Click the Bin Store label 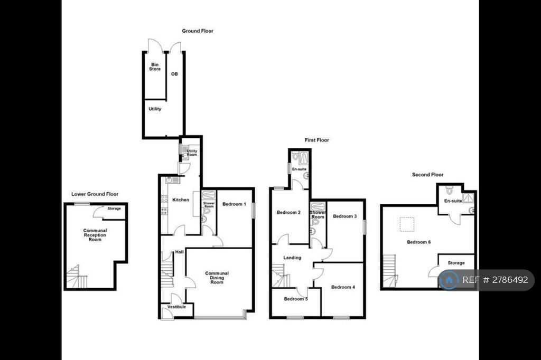pyautogui.click(x=155, y=67)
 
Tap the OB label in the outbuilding pyautogui.click(x=174, y=74)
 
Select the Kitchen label pyautogui.click(x=181, y=200)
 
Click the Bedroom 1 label pyautogui.click(x=234, y=204)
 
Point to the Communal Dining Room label pyautogui.click(x=217, y=278)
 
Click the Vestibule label pyautogui.click(x=176, y=307)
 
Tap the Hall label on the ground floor pyautogui.click(x=180, y=252)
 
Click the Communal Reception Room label pyautogui.click(x=95, y=235)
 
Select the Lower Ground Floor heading pyautogui.click(x=95, y=194)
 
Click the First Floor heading pyautogui.click(x=317, y=140)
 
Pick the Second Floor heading pyautogui.click(x=428, y=175)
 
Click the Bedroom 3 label pyautogui.click(x=345, y=216)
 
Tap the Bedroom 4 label pyautogui.click(x=343, y=287)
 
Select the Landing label pyautogui.click(x=292, y=258)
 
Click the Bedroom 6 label pyautogui.click(x=419, y=242)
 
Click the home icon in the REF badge pyautogui.click(x=449, y=280)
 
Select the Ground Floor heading pyautogui.click(x=198, y=31)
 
